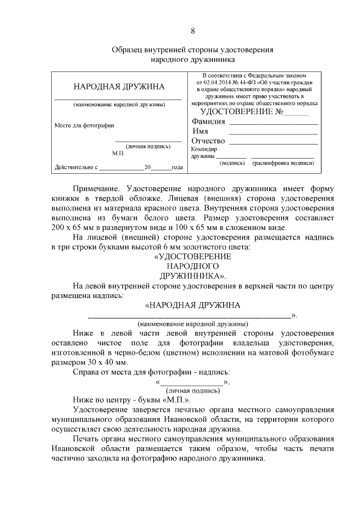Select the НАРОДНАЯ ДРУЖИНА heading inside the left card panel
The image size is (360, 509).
[x=119, y=87]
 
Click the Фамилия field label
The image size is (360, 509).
[x=208, y=121]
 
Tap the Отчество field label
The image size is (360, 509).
[x=208, y=141]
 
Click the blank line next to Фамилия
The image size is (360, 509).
[x=273, y=123]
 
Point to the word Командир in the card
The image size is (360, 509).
[x=204, y=149]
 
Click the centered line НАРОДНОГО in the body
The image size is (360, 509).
[x=193, y=265]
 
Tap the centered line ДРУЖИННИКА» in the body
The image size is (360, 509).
[x=193, y=276]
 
